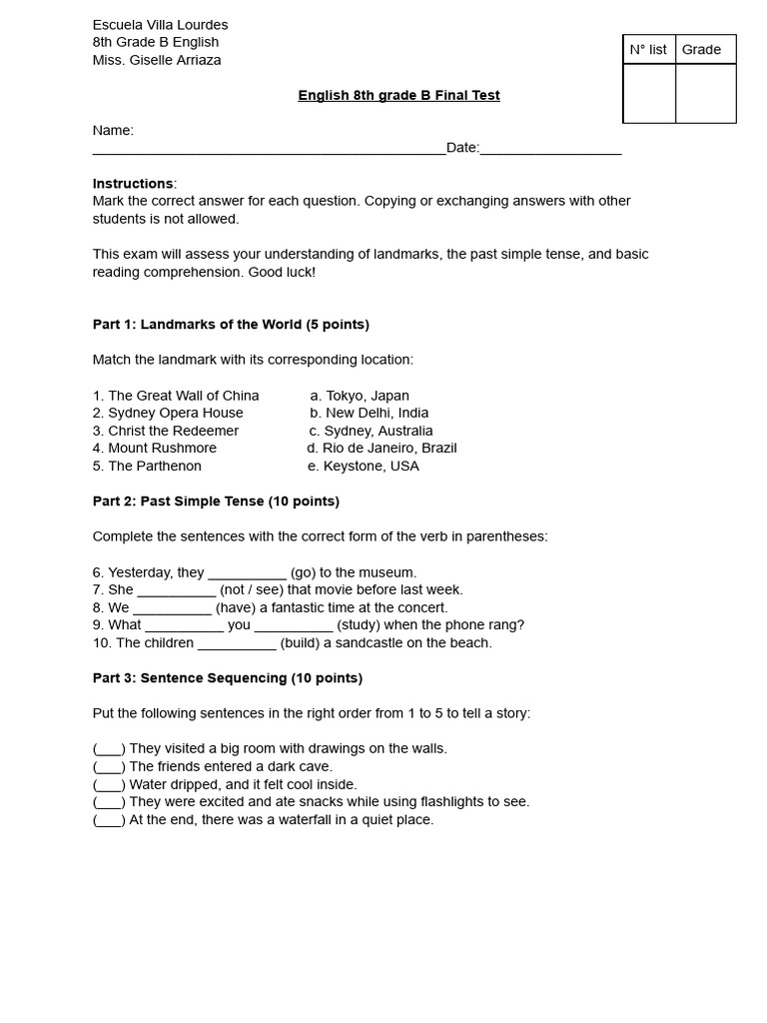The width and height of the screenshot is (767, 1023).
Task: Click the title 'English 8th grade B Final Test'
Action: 398,96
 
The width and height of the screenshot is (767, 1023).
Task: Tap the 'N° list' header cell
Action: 648,50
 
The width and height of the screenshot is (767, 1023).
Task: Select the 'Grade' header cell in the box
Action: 701,50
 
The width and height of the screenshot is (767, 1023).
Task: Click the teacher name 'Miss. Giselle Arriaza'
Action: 157,60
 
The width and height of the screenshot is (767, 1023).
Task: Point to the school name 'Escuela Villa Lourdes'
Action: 160,24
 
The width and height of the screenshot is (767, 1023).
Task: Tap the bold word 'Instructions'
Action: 133,184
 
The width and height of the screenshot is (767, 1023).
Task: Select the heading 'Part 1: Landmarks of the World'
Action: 231,325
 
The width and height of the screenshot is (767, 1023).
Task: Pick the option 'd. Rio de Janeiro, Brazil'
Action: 382,449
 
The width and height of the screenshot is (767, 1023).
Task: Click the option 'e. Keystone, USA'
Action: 364,466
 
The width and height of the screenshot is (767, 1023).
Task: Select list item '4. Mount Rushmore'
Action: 155,449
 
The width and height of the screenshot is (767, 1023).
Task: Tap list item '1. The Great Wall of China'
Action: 176,396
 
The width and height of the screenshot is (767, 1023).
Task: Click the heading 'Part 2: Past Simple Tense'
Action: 216,502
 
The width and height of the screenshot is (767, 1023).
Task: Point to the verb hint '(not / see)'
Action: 251,590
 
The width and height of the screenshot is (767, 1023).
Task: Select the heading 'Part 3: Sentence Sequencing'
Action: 228,678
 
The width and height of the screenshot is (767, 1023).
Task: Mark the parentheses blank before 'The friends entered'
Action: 109,767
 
